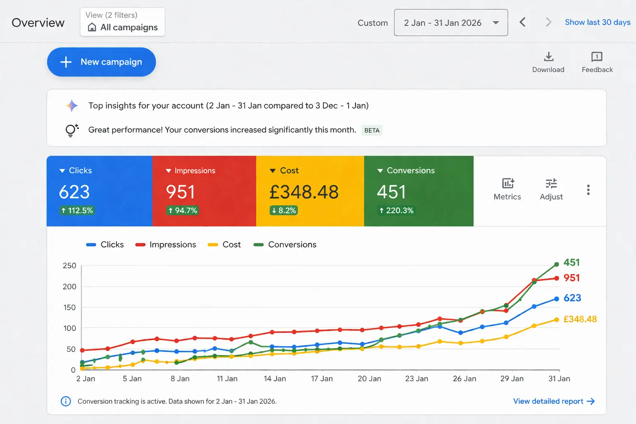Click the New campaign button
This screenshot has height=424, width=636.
click(101, 62)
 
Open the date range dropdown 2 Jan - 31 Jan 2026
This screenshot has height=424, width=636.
click(451, 22)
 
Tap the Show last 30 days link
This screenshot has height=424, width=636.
click(597, 22)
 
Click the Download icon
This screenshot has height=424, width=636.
click(549, 56)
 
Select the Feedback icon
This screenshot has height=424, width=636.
click(597, 57)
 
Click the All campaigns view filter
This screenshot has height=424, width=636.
click(123, 22)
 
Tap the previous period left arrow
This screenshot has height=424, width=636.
click(523, 22)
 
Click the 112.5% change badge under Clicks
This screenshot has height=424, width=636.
click(77, 210)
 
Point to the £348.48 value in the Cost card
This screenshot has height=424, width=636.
click(304, 192)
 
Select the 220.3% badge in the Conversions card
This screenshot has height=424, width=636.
click(396, 210)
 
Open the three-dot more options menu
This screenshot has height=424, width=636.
click(588, 190)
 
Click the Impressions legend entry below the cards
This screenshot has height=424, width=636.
click(166, 245)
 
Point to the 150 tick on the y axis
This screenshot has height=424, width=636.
click(69, 307)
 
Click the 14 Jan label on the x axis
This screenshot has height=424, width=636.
click(275, 378)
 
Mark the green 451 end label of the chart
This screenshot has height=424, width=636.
click(571, 263)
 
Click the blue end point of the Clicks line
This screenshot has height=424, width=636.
click(556, 299)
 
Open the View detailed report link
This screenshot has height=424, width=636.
click(554, 401)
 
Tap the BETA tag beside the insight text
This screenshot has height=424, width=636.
click(372, 130)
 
